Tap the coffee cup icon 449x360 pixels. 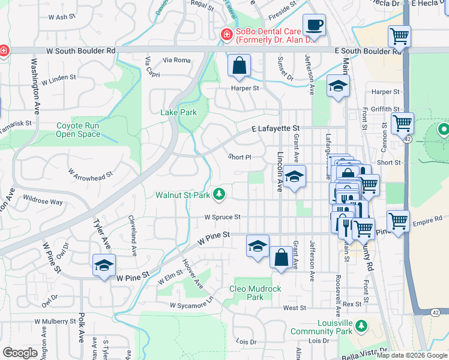click(x=315, y=26)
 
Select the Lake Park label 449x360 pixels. click(x=178, y=112)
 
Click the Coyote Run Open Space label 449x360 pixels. click(x=78, y=130)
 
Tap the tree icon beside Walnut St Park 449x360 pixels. click(x=220, y=194)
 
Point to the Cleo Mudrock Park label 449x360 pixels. click(x=255, y=293)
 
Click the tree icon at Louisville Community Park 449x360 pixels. click(x=361, y=325)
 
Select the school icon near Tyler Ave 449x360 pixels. click(x=104, y=265)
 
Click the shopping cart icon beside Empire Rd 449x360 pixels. click(x=398, y=220)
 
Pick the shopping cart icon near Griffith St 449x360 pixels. click(x=402, y=123)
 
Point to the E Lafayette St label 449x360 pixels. click(x=275, y=128)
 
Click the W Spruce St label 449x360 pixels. click(x=222, y=217)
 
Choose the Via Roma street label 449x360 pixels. click(x=176, y=60)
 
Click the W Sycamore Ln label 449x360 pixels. click(x=191, y=303)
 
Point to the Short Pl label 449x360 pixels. click(x=239, y=157)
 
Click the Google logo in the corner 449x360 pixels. click(x=20, y=353)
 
